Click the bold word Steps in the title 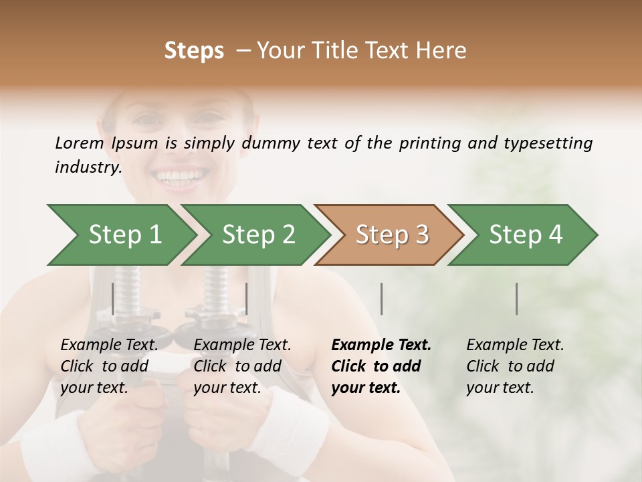point(194,50)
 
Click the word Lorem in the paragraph point(79,143)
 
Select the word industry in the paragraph point(88,167)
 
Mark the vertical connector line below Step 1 point(113,299)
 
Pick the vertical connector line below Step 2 point(247,299)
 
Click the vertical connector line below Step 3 point(381,299)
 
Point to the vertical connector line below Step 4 point(517,299)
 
